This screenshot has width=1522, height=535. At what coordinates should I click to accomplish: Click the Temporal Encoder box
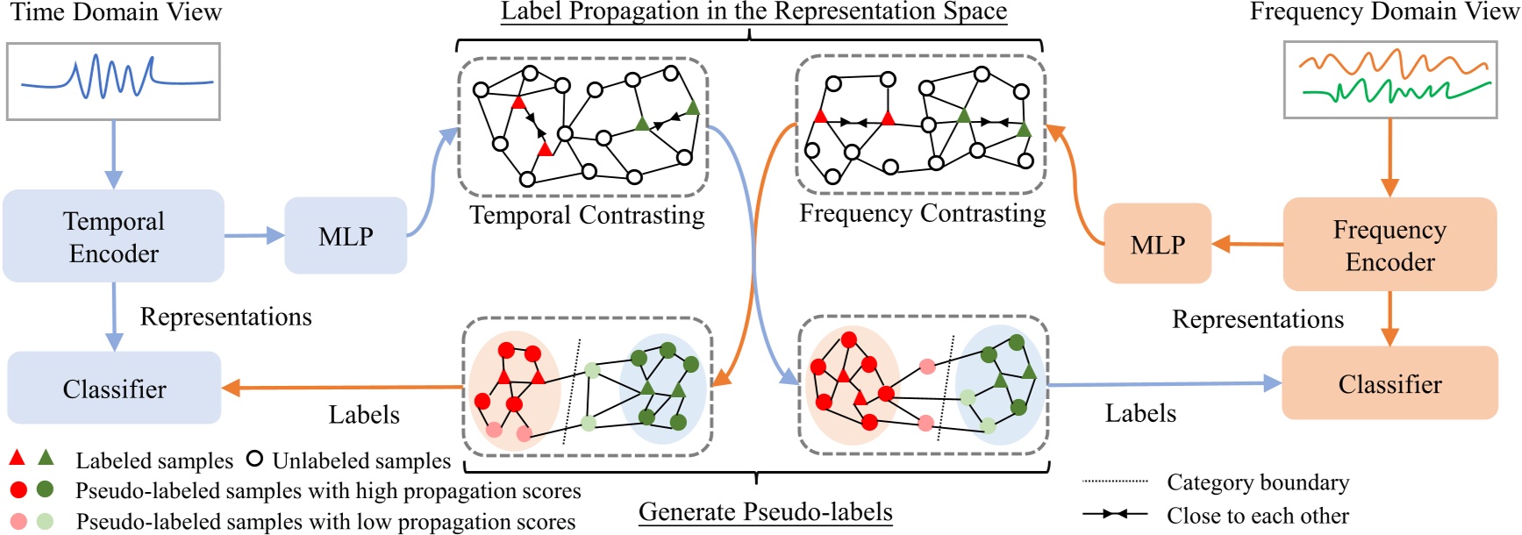[113, 237]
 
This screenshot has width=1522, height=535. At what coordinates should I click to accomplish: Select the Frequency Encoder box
[1390, 245]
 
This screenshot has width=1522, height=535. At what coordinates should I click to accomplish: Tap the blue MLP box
[346, 236]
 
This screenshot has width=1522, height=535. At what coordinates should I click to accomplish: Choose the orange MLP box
[1157, 244]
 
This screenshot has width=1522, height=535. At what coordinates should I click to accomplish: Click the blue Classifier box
[114, 389]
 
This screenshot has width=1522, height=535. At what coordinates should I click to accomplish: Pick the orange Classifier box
[1390, 383]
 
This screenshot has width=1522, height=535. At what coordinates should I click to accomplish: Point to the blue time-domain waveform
[114, 80]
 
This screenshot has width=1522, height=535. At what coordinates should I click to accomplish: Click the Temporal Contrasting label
[587, 215]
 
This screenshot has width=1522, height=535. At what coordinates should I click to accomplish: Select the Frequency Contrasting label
[922, 213]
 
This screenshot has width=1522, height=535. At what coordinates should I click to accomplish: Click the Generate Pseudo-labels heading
[765, 511]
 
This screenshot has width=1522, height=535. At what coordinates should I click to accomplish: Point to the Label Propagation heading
[753, 11]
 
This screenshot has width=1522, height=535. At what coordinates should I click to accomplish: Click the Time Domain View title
[116, 12]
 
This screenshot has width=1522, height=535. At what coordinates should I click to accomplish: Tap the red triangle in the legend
[17, 458]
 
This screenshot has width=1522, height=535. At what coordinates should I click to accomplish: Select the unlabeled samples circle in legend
[254, 459]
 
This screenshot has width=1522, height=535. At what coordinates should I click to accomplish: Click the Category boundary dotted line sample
[1115, 481]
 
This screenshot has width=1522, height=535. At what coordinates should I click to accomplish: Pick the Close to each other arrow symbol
[1114, 514]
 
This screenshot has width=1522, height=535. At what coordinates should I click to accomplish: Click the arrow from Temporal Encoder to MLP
[254, 235]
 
